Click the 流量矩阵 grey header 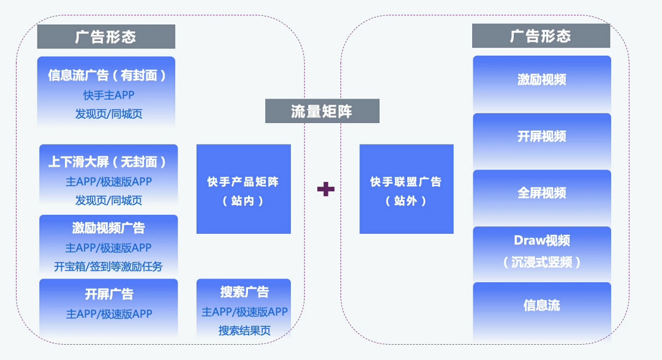tap(322, 111)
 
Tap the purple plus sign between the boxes tap(326, 189)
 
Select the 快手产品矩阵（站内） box tap(243, 189)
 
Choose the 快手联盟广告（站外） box tap(406, 189)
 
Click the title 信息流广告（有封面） tap(107, 75)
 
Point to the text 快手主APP tap(108, 95)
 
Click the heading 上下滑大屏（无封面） tap(108, 162)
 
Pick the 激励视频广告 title tap(108, 228)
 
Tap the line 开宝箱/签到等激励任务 tap(108, 266)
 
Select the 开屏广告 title tap(109, 294)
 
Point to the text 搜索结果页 tap(244, 331)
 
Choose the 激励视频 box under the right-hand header tap(541, 80)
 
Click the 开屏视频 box tap(541, 137)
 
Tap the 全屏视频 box tap(541, 193)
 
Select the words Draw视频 tap(541, 241)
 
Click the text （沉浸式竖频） tap(541, 262)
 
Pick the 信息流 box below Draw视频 tap(541, 306)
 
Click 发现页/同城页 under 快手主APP tap(108, 114)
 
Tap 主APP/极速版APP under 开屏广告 tap(109, 314)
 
